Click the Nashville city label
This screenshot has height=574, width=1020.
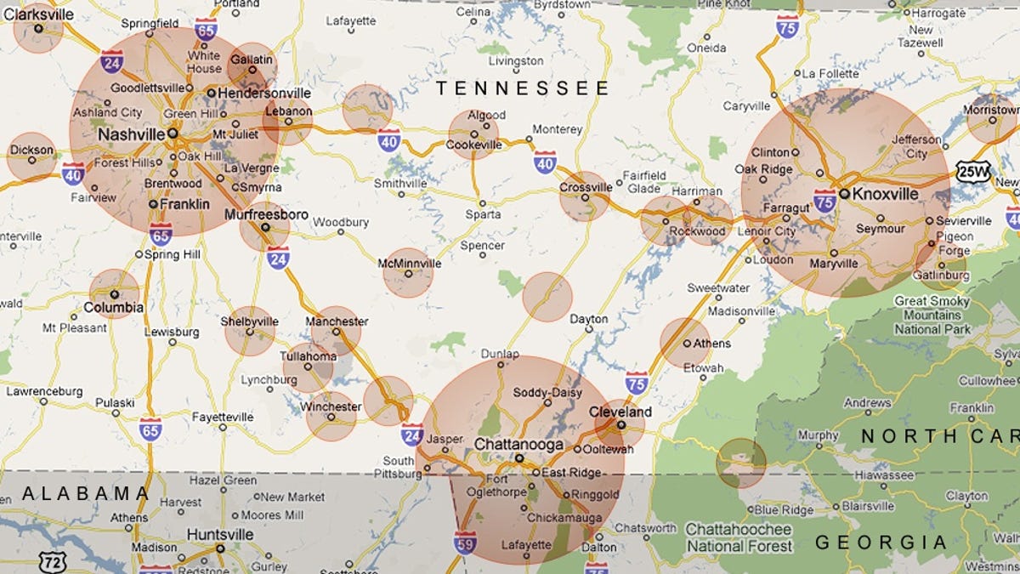click(x=131, y=135)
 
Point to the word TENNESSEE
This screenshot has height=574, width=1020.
click(x=523, y=88)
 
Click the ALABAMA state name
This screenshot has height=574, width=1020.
click(x=86, y=493)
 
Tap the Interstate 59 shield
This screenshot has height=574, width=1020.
click(x=465, y=542)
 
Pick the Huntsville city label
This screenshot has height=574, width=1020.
click(x=221, y=534)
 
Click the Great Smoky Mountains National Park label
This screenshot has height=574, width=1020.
click(x=932, y=315)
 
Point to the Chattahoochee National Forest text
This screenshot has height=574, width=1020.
click(x=739, y=537)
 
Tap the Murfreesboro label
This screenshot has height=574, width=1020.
click(x=266, y=214)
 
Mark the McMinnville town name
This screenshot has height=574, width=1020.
click(x=410, y=263)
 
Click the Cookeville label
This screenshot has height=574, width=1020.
click(x=473, y=145)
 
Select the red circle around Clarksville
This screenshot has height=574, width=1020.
click(x=38, y=28)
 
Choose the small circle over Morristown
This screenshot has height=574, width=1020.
click(x=991, y=118)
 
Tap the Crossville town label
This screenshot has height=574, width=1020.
click(x=586, y=187)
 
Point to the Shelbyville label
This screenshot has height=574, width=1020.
click(x=249, y=321)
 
